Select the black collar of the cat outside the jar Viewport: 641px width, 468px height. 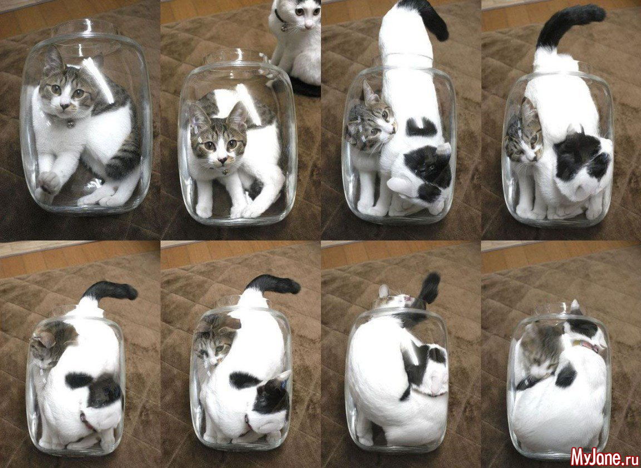pyautogui.click(x=280, y=19)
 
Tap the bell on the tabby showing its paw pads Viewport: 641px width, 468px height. pyautogui.click(x=70, y=122)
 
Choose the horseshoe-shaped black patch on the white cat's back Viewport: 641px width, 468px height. pyautogui.click(x=421, y=127)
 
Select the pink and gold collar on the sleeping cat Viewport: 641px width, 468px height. pyautogui.click(x=589, y=346)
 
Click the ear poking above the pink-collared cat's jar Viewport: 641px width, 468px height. pyautogui.click(x=575, y=305)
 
